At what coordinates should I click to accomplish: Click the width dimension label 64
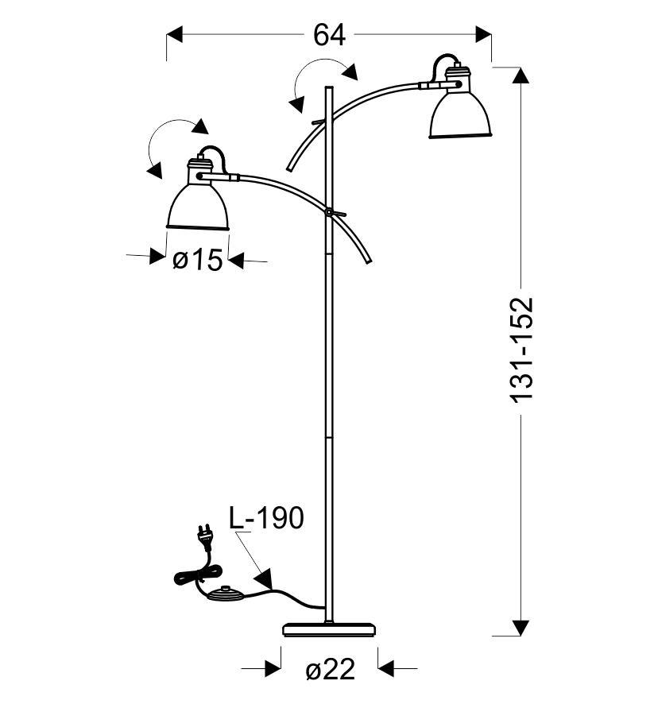(329, 35)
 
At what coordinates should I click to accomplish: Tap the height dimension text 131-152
(522, 349)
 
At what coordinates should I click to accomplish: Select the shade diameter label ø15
(198, 260)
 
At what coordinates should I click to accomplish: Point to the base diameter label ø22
(330, 670)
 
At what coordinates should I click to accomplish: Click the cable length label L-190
(266, 518)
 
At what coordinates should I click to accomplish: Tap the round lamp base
(329, 629)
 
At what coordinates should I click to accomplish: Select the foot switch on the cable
(226, 594)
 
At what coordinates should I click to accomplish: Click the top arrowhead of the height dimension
(521, 75)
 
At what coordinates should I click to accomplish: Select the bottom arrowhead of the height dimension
(521, 628)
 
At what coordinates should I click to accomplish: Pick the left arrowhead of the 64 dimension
(175, 34)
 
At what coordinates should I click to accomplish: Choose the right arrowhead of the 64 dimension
(483, 34)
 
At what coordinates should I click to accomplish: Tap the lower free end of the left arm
(370, 261)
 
